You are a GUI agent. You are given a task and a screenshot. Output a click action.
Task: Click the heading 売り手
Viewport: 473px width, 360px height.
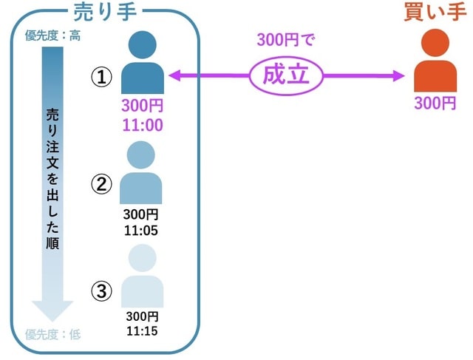tap(106, 12)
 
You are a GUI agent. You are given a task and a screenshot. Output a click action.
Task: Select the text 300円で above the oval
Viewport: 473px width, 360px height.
tap(285, 41)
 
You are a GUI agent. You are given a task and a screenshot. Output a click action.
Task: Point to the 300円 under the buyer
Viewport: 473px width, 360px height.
tap(435, 103)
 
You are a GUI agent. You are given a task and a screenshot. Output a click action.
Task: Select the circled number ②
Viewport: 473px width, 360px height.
tap(101, 184)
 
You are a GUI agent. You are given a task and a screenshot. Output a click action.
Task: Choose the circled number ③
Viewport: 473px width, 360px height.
tap(101, 291)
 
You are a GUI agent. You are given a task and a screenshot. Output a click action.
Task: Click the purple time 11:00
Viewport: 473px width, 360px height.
tap(142, 125)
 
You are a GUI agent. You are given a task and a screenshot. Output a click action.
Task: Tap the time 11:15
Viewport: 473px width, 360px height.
tap(142, 330)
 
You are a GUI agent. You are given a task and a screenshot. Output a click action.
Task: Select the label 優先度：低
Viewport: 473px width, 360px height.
tap(53, 334)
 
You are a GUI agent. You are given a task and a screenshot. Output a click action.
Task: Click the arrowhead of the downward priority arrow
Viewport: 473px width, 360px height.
tap(53, 310)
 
